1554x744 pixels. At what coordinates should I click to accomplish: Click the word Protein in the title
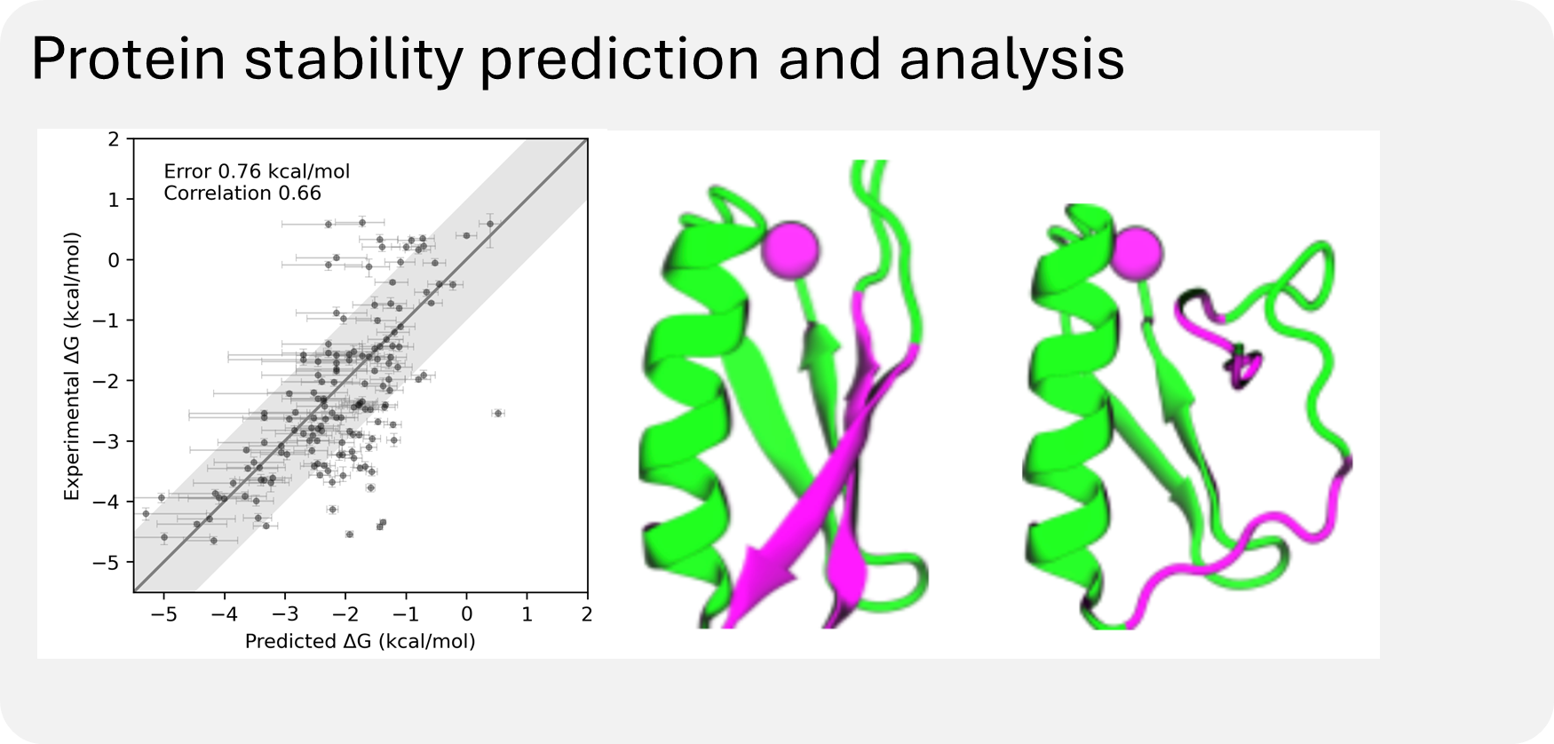[127, 59]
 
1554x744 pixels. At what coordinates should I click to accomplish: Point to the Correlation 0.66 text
[242, 193]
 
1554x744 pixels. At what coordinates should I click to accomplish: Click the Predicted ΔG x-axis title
[360, 641]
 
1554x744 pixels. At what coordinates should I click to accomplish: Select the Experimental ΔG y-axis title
[72, 366]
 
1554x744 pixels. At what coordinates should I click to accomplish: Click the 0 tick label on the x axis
[466, 614]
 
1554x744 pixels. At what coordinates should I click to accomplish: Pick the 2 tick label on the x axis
[587, 614]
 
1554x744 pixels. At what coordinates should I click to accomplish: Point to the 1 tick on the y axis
[113, 200]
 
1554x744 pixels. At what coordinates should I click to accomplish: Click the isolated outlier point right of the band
[497, 413]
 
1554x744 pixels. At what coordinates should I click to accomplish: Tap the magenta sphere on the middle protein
[789, 249]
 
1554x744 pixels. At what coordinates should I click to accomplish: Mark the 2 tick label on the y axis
[113, 139]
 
